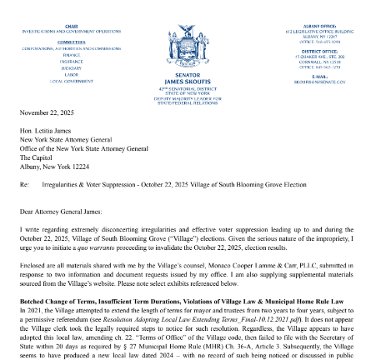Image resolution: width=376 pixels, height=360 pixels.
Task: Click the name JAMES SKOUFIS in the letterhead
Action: pos(188,81)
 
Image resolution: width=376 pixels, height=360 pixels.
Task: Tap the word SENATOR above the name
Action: pos(188,74)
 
